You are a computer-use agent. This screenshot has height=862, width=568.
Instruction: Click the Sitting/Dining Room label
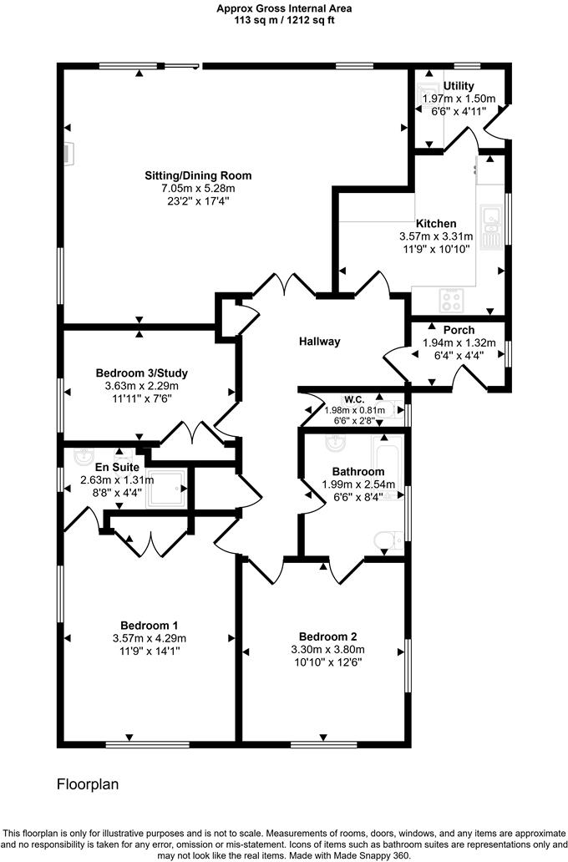click(x=198, y=176)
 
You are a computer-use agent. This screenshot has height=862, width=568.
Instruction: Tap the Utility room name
click(x=459, y=86)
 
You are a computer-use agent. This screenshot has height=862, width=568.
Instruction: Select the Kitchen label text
click(x=436, y=224)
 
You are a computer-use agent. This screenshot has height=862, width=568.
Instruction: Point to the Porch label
click(x=459, y=330)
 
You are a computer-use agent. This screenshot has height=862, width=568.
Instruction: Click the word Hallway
click(x=320, y=342)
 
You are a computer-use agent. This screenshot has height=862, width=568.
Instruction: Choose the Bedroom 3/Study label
click(x=137, y=373)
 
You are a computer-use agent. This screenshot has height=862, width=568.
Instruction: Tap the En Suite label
click(x=117, y=468)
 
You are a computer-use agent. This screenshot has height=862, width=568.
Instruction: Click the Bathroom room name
click(x=358, y=472)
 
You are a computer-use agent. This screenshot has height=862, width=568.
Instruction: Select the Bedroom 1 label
click(x=149, y=626)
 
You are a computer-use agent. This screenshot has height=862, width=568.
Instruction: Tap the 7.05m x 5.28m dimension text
click(x=198, y=189)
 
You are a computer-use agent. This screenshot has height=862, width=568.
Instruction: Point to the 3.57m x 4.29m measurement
click(x=149, y=638)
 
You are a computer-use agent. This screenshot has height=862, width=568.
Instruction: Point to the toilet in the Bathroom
click(x=388, y=541)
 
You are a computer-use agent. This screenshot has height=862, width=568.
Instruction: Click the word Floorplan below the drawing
click(x=88, y=785)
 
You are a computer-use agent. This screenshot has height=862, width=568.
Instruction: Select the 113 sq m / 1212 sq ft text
click(x=284, y=20)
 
